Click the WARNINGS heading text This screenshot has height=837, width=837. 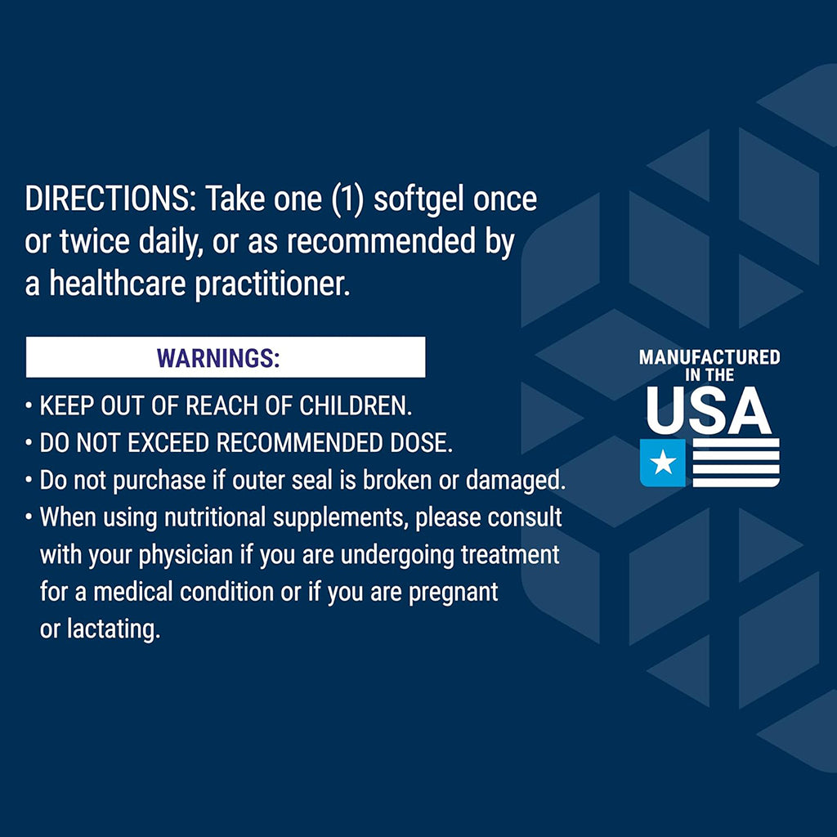pyautogui.click(x=218, y=358)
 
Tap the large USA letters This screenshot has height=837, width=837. pyautogui.click(x=709, y=412)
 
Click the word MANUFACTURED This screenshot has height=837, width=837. pyautogui.click(x=709, y=357)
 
